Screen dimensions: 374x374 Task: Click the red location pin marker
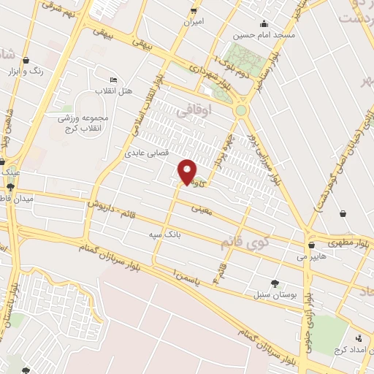coord(188,172)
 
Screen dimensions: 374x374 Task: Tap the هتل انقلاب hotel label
coord(114,90)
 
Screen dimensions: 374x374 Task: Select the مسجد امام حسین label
coord(264,34)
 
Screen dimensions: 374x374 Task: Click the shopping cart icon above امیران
coord(194,10)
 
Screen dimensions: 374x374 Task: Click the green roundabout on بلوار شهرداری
coord(241,110)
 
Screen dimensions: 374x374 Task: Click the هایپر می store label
coord(311,256)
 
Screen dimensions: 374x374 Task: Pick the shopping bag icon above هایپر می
coord(312,245)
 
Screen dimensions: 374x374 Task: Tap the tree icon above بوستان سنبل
coord(274,283)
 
